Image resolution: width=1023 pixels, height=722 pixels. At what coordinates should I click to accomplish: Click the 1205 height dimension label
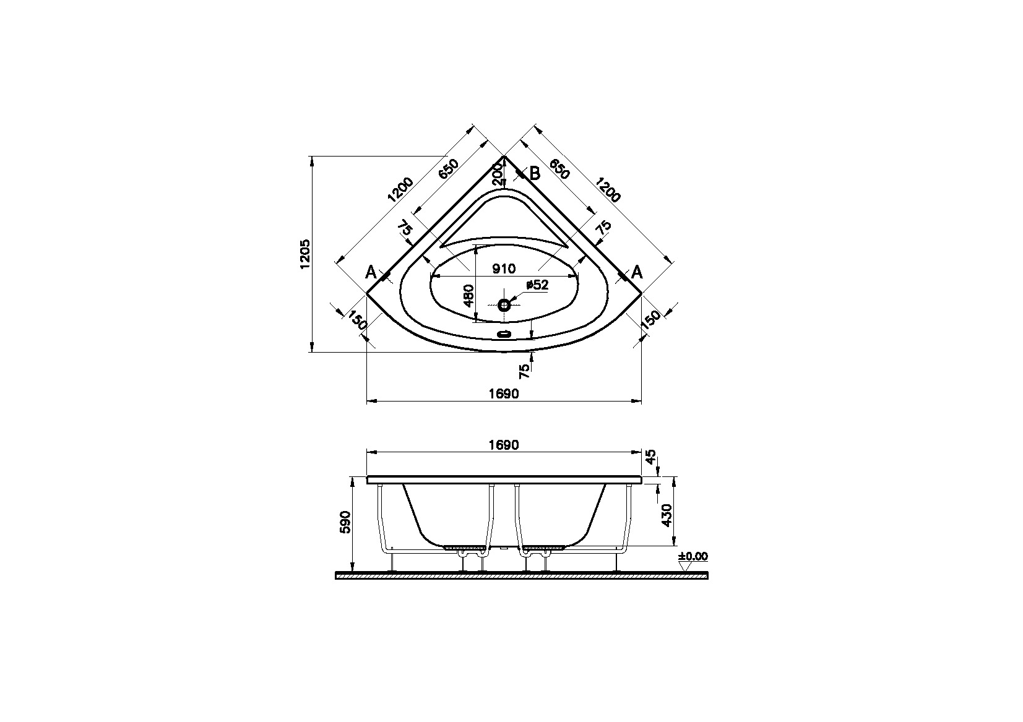click(x=304, y=254)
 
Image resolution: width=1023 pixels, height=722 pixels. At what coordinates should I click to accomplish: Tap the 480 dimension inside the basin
click(x=468, y=296)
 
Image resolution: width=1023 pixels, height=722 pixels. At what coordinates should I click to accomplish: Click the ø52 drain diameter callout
click(x=537, y=285)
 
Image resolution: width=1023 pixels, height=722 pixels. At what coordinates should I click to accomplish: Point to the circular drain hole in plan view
click(x=504, y=304)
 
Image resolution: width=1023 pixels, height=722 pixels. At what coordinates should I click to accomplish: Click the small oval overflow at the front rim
click(x=504, y=335)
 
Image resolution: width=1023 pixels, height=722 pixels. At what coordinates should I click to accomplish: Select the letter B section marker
click(x=535, y=174)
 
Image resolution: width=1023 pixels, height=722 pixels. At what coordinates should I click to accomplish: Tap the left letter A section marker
click(x=371, y=272)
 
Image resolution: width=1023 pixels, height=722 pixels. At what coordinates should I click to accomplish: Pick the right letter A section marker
click(x=636, y=272)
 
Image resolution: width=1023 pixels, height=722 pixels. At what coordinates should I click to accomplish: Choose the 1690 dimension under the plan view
click(x=503, y=393)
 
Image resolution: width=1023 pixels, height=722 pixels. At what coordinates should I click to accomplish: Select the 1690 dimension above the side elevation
click(x=503, y=445)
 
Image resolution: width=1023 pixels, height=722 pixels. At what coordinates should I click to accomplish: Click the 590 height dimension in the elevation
click(x=346, y=522)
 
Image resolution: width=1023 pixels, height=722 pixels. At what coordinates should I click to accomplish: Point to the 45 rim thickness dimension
click(x=650, y=458)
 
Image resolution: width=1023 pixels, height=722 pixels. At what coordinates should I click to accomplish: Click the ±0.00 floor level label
click(x=693, y=556)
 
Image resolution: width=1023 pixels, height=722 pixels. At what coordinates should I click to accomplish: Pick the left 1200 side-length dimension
click(x=400, y=191)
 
